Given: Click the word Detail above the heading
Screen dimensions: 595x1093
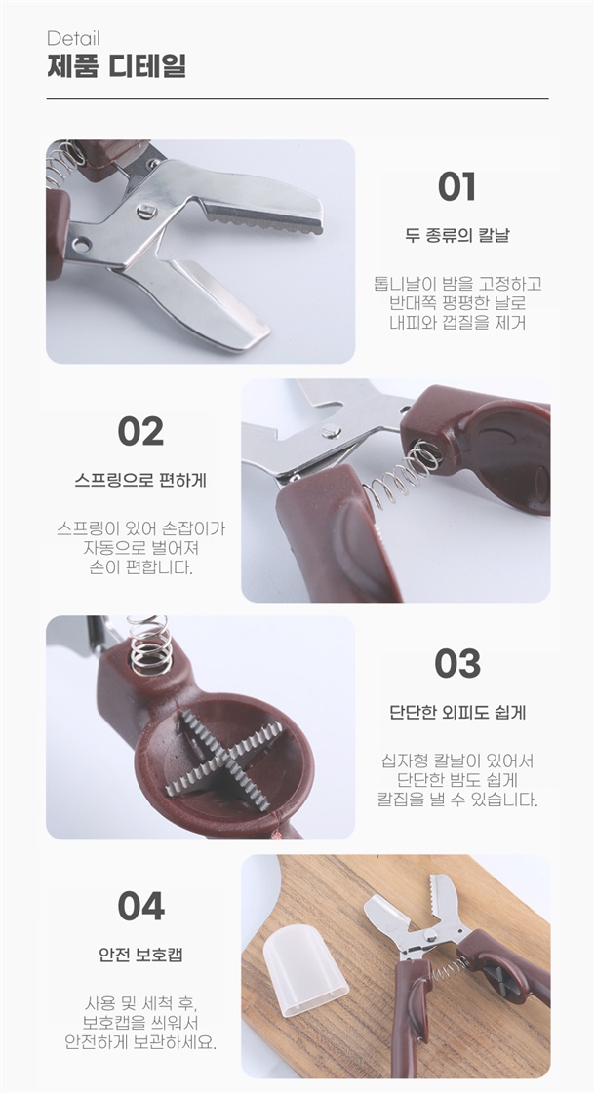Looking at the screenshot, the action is pos(73,38).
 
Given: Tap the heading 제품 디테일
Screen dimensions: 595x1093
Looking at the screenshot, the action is pos(116,67).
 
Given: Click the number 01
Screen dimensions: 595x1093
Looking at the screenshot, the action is pos(456,187).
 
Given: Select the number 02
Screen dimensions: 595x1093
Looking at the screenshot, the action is pos(140,432).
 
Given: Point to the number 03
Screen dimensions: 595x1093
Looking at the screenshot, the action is pos(457,663).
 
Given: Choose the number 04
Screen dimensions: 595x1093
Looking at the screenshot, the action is pos(140,906).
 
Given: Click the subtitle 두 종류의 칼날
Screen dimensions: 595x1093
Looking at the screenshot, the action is pos(457,236).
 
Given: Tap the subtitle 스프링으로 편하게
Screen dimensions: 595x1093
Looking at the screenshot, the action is pos(140,481).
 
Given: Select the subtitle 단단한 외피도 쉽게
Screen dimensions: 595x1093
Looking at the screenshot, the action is pos(457,713).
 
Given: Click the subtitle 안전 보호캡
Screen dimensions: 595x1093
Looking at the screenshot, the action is pos(140,955).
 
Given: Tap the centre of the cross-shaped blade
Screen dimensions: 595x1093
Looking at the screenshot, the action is pos(224,755).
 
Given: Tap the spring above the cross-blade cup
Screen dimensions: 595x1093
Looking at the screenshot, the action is pos(150,644).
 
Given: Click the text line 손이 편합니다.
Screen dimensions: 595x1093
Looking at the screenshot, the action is pos(140,567).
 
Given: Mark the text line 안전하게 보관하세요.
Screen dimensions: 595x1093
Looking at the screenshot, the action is pos(140,1042).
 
